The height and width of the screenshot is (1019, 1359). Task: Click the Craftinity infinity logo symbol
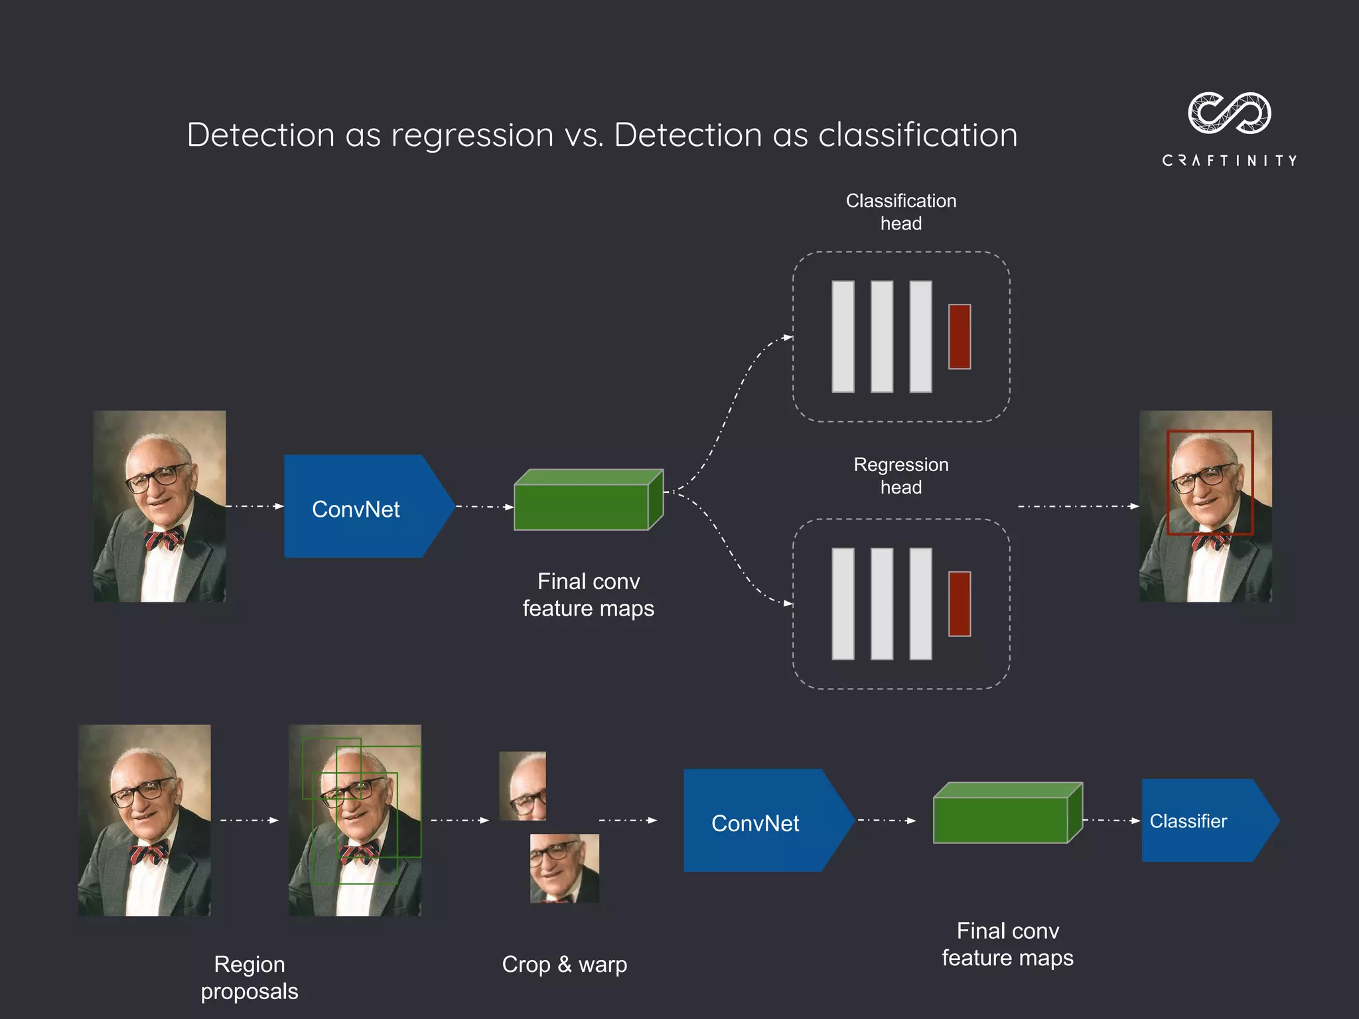(x=1229, y=113)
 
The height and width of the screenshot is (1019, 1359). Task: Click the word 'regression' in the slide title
(x=472, y=136)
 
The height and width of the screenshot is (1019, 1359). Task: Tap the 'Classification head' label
(x=900, y=212)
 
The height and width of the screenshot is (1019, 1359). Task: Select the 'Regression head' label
(x=900, y=476)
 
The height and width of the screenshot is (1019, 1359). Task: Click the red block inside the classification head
(x=959, y=336)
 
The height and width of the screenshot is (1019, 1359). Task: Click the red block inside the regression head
(x=959, y=604)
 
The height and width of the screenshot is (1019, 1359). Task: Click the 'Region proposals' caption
(x=250, y=977)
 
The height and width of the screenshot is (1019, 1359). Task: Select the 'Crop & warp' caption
(x=564, y=965)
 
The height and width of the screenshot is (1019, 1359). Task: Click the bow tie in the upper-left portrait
(x=164, y=537)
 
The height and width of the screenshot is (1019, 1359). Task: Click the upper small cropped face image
(x=522, y=785)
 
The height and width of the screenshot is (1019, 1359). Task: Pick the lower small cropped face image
(x=564, y=868)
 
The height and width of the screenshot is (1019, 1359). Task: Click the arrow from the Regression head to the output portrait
(x=1078, y=506)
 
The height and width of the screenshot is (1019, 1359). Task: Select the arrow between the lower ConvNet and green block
(x=887, y=821)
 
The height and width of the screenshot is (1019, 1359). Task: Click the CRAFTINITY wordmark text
(x=1229, y=161)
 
